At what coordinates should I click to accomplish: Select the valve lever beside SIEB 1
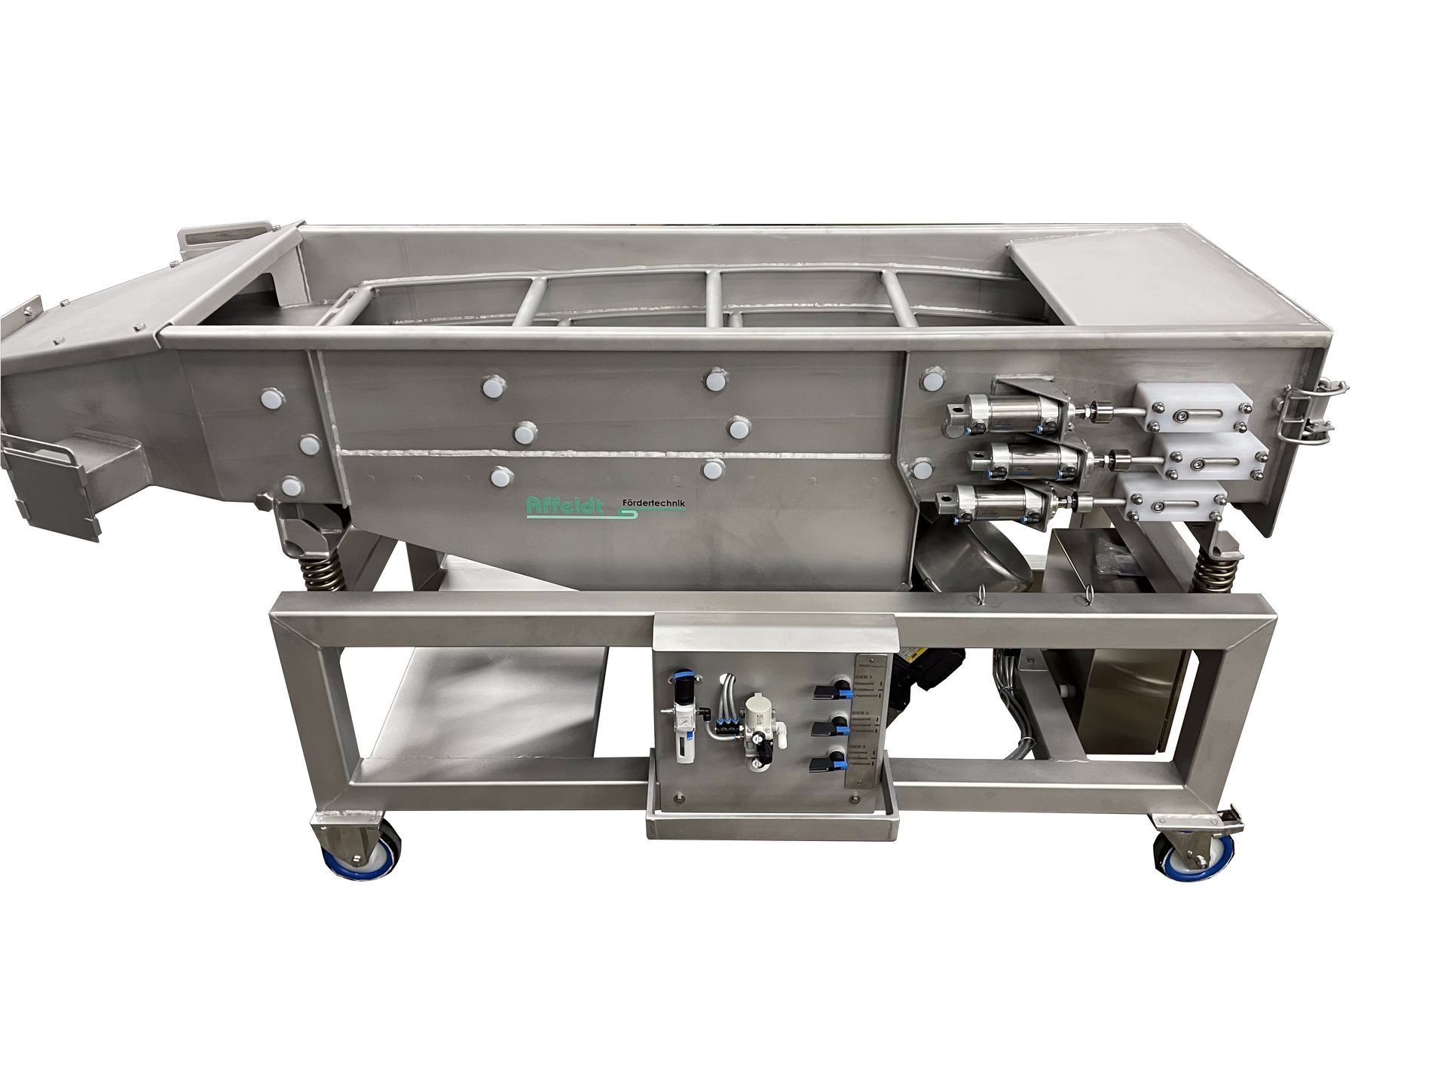(824, 692)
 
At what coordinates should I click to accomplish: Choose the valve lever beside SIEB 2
(824, 728)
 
